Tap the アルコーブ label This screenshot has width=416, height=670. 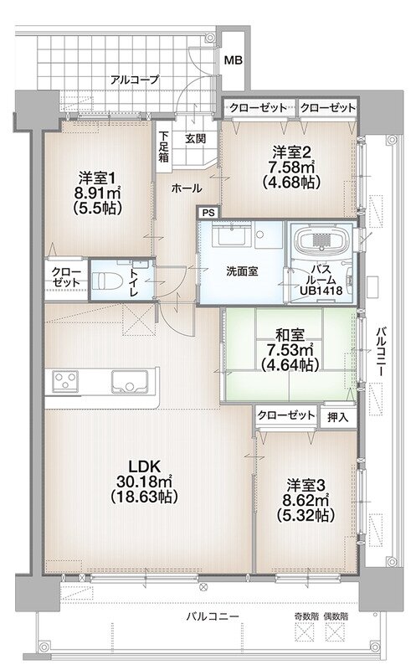[135, 80]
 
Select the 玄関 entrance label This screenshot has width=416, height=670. [195, 138]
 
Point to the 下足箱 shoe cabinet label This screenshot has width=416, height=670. [163, 144]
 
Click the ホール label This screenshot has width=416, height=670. [185, 189]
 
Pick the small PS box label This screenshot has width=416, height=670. [208, 213]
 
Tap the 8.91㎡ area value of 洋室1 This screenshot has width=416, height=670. [97, 193]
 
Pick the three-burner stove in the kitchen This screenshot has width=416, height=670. [66, 381]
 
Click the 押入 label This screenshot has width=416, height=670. [337, 415]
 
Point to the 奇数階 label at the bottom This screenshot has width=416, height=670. [307, 616]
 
